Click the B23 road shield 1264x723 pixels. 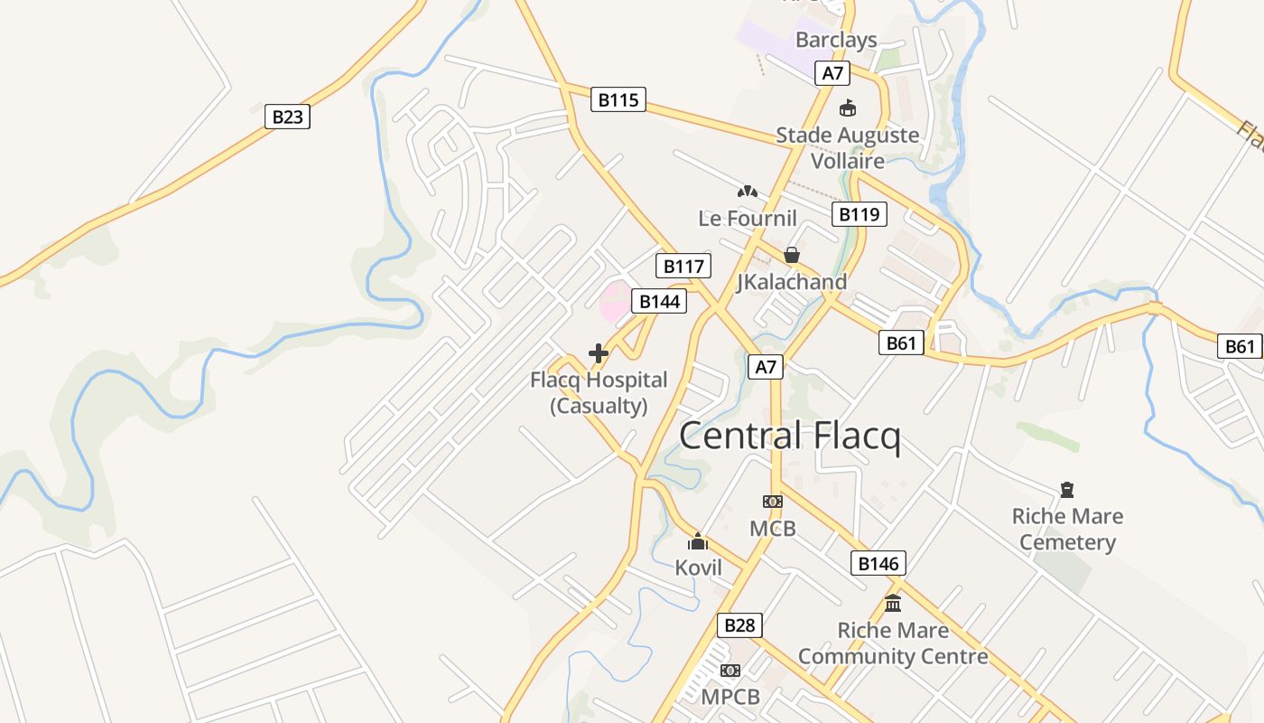pos(287,117)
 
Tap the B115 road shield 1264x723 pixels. pos(618,99)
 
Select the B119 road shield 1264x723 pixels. pos(858,214)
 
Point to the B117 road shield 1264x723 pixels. pos(683,266)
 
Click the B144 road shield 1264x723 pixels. pos(658,301)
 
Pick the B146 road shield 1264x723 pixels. pos(878,564)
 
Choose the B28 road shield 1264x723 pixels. pos(739,625)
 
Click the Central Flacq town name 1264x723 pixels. pos(789,437)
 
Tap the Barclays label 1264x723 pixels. pos(836,40)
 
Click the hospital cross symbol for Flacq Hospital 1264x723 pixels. pos(598,353)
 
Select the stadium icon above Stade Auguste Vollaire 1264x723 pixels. pos(848,108)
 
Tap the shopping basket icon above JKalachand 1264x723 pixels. pos(792,255)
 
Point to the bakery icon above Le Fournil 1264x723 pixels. pos(747,191)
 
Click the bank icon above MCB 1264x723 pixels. pos(772,501)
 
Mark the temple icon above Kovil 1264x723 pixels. pos(698,541)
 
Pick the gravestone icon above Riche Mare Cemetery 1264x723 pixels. pos(1067,490)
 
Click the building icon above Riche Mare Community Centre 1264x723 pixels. pos(893,603)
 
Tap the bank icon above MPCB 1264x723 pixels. pos(730,670)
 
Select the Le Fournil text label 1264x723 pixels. pos(748,218)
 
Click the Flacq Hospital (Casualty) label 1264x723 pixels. pos(599,392)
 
